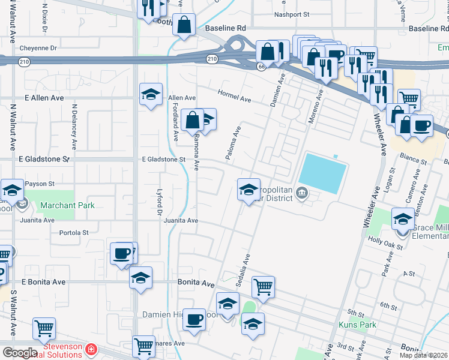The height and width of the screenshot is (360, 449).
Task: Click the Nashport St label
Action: (291, 14)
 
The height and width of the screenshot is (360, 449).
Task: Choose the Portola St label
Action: (70, 232)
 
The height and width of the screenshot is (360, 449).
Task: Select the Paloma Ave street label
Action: (233, 143)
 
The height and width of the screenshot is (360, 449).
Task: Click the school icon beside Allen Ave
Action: (151, 94)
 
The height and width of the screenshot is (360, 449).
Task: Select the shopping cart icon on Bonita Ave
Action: (263, 286)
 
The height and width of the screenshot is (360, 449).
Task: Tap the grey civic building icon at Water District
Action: (303, 194)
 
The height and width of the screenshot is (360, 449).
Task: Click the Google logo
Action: (20, 352)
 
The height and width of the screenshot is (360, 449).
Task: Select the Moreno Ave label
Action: (315, 107)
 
